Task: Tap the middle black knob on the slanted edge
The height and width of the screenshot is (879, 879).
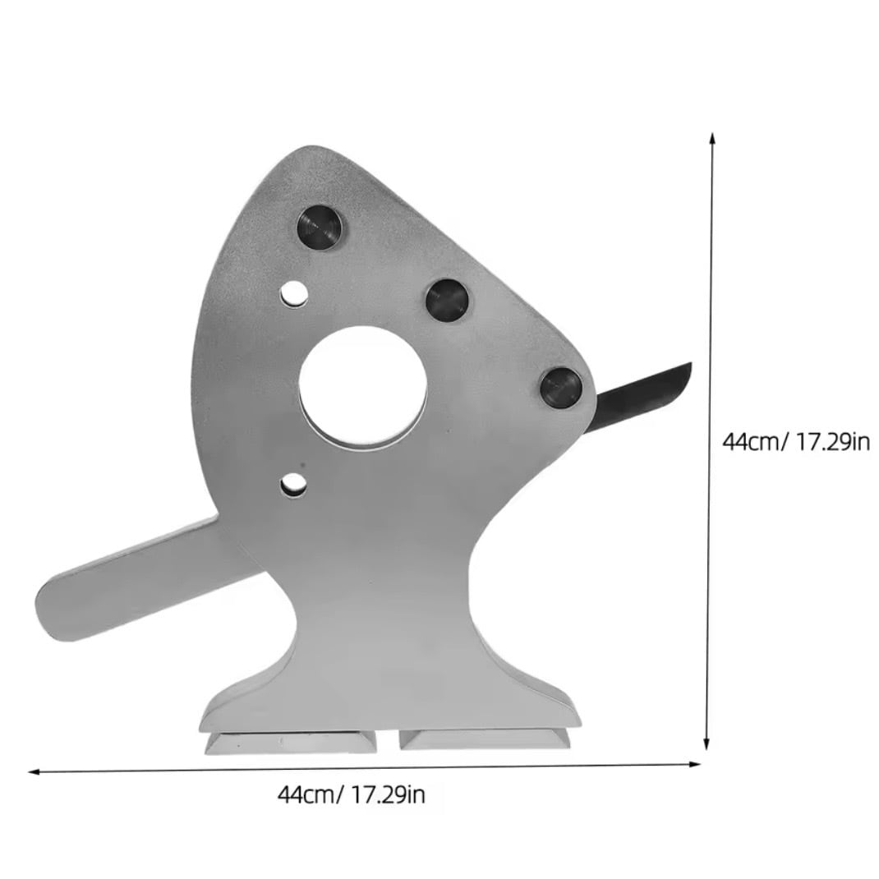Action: [447, 300]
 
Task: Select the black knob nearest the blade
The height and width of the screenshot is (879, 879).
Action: [561, 388]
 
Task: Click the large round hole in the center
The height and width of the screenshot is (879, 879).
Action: [363, 386]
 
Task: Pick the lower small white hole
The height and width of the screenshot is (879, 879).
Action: [294, 486]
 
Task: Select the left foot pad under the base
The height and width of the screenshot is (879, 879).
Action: [292, 742]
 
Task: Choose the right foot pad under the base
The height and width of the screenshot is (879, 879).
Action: [485, 738]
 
